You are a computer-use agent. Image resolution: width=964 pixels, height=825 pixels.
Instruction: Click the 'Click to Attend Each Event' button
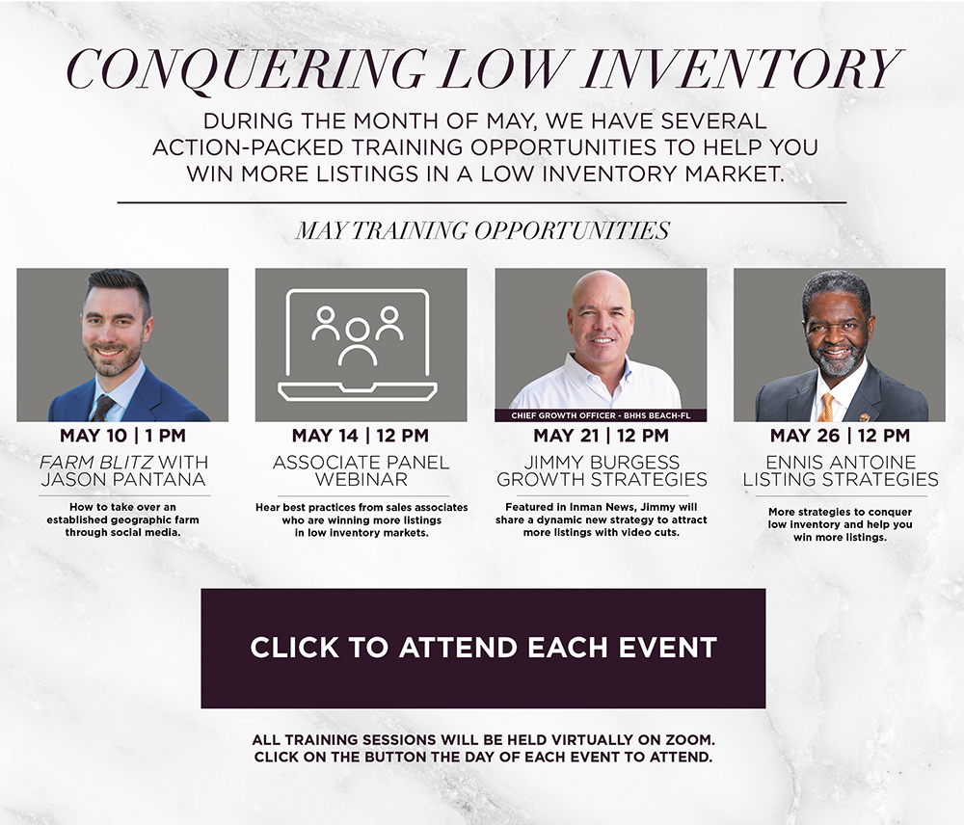point(483,648)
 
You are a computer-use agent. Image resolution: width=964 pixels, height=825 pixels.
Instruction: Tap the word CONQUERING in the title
point(245,69)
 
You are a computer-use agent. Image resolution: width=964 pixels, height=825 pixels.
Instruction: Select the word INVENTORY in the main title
point(743,67)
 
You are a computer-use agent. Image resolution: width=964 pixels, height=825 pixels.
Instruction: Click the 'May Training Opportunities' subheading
point(483,230)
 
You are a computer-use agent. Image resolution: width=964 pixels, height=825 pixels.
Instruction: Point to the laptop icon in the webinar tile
point(358,344)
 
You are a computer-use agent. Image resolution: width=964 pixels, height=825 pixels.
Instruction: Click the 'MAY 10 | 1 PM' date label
point(123,436)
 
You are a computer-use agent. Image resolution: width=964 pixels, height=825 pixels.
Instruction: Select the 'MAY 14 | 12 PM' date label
point(361,436)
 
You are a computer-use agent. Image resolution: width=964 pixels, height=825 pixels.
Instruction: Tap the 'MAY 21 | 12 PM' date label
point(602,436)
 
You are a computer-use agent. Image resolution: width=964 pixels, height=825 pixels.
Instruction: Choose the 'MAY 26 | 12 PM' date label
point(840,436)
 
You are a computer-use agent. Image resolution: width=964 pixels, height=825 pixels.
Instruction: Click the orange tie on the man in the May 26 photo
point(827,407)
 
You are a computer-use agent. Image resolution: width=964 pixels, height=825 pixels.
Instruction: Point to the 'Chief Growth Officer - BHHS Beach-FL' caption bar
point(601,415)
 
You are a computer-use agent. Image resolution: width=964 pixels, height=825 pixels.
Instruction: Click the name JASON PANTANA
point(123,480)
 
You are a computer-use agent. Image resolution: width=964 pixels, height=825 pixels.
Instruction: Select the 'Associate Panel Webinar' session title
point(361,471)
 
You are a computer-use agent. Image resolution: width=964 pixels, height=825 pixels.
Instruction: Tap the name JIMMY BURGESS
point(602,463)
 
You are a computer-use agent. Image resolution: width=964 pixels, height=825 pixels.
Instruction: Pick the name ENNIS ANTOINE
point(841,463)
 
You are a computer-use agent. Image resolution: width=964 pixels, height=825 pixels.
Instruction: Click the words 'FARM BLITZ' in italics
point(96,463)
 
